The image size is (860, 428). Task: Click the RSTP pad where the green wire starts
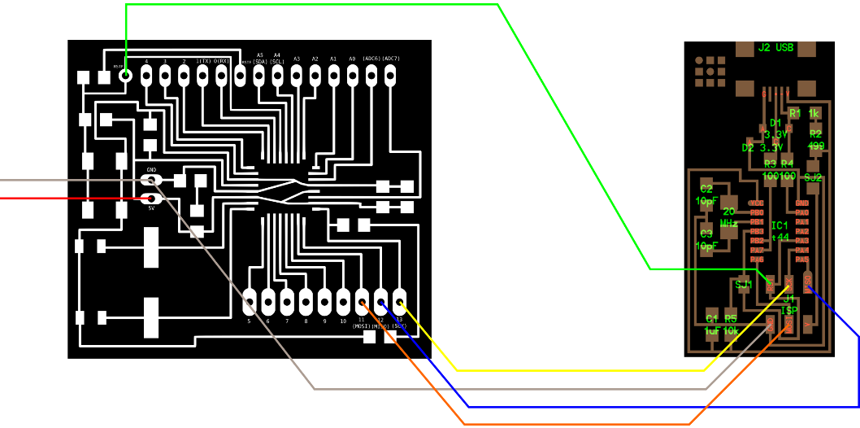(x=126, y=76)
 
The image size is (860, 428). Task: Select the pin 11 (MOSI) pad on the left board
(x=362, y=303)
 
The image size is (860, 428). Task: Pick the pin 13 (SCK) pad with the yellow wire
(x=399, y=303)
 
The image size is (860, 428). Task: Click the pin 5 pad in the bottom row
(x=250, y=303)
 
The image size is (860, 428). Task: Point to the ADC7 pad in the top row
(x=390, y=76)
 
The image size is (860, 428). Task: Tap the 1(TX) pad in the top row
(x=202, y=76)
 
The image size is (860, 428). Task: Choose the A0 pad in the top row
(x=353, y=76)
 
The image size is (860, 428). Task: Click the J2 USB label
(x=775, y=47)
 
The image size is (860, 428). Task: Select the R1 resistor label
(x=795, y=113)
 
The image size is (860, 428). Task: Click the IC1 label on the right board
(x=780, y=225)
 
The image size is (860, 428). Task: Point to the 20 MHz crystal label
(x=728, y=216)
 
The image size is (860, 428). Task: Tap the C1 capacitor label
(x=712, y=319)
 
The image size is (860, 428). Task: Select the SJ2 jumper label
(x=813, y=177)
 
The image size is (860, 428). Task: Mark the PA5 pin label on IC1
(x=802, y=259)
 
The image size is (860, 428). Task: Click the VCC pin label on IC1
(x=757, y=203)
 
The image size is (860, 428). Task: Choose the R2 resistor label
(x=815, y=133)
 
